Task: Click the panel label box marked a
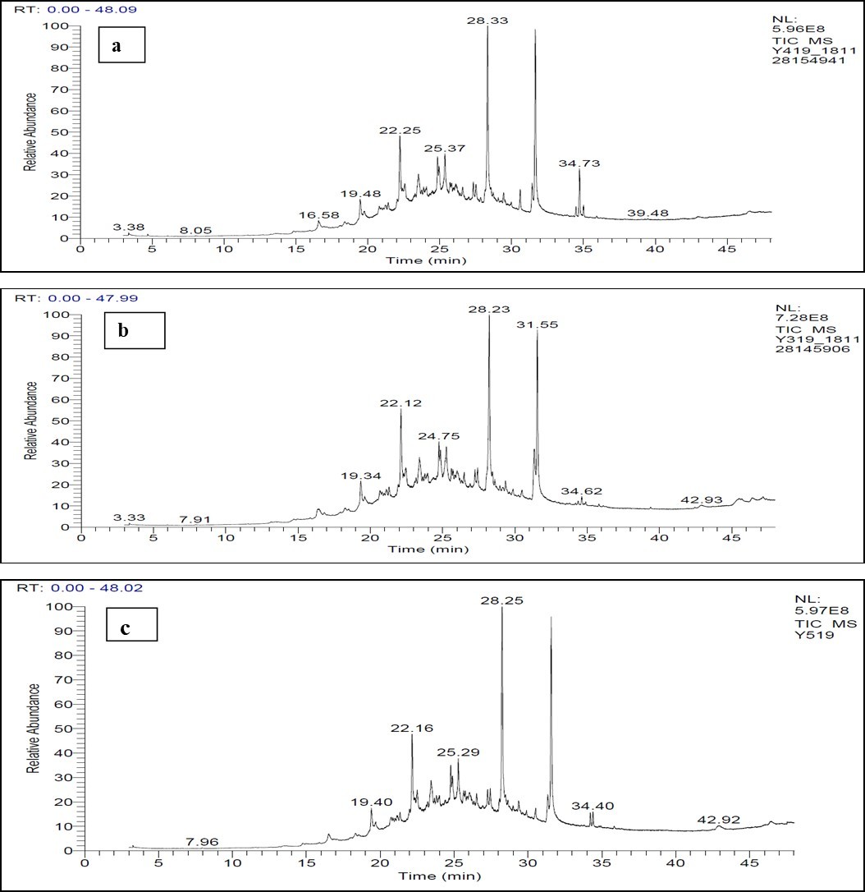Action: (117, 45)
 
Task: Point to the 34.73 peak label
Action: (579, 163)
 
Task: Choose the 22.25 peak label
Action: (400, 130)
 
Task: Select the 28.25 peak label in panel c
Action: (501, 600)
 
